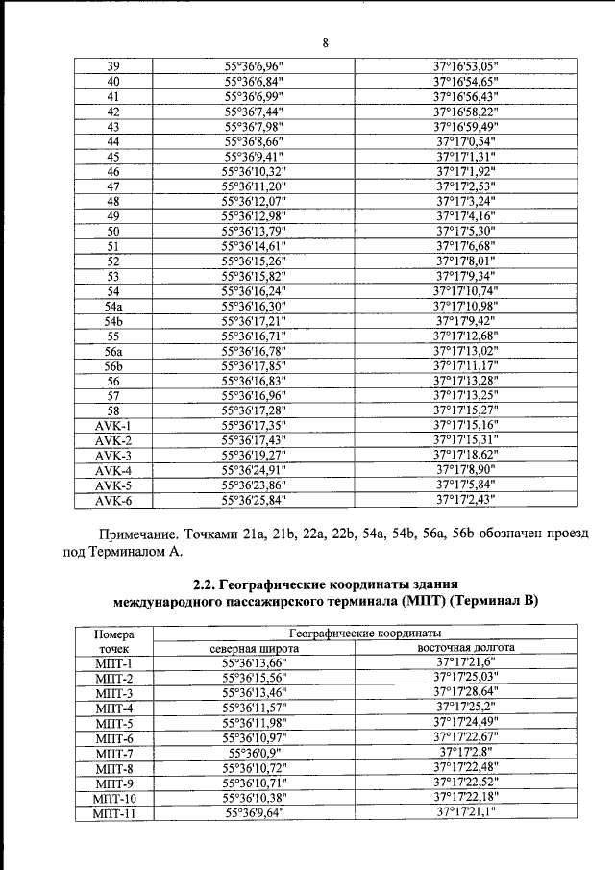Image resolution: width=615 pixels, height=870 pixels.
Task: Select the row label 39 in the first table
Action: click(113, 66)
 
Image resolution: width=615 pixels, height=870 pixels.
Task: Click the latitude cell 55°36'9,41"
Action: click(255, 157)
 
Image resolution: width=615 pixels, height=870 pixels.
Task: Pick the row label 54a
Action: click(113, 306)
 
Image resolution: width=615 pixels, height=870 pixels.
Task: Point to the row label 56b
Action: click(113, 366)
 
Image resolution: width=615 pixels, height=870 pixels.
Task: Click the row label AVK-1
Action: click(113, 426)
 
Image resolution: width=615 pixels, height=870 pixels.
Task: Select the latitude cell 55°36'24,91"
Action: click(255, 471)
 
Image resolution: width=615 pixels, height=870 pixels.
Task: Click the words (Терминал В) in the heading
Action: click(493, 602)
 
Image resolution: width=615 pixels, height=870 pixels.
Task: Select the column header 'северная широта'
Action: click(255, 649)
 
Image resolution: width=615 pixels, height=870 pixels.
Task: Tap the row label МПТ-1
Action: click(113, 664)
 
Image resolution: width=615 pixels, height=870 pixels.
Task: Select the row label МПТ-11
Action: click(113, 814)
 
